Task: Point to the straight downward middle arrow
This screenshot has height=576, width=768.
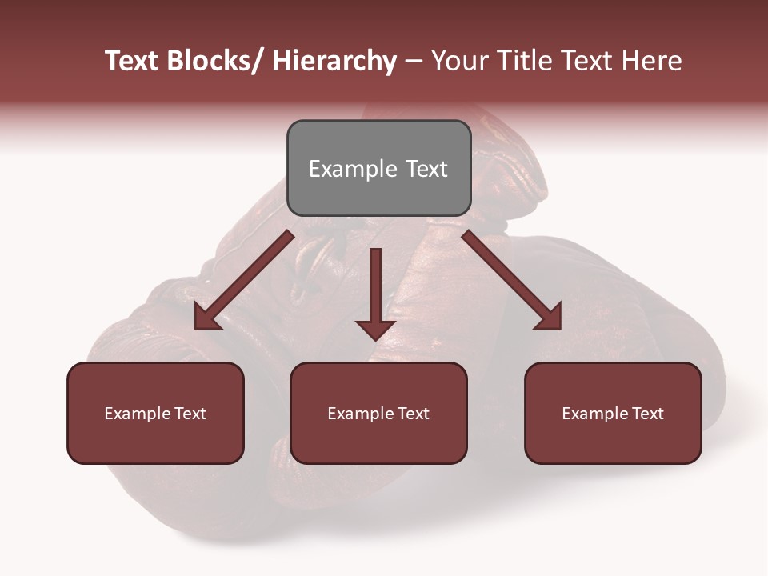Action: point(375,288)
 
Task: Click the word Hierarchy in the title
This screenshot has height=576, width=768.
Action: point(334,62)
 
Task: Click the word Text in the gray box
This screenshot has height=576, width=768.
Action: point(426,169)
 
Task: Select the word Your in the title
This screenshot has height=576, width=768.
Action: point(460,62)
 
